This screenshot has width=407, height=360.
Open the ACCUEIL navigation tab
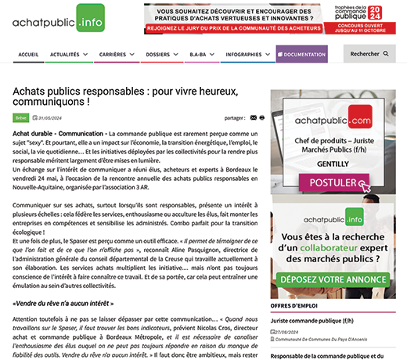click(28, 55)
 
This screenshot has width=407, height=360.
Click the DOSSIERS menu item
click(160, 55)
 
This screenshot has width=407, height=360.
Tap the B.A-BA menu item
click(199, 55)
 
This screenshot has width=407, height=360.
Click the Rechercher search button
click(369, 55)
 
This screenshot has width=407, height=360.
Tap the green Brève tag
click(20, 118)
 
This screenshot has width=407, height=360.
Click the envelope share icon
click(253, 118)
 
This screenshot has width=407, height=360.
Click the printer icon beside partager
click(262, 118)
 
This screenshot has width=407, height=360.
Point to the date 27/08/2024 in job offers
click(289, 331)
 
